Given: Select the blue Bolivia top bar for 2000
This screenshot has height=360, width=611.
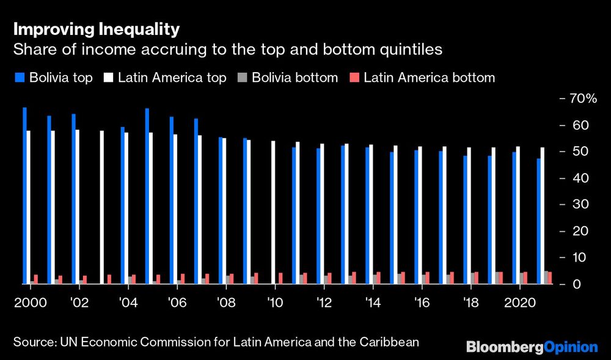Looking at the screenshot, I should [24, 196].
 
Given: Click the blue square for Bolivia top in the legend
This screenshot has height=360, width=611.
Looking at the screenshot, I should [19, 78].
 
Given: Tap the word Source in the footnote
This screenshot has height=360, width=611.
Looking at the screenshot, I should [34, 342].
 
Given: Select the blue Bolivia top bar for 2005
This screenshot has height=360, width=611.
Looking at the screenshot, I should [147, 196].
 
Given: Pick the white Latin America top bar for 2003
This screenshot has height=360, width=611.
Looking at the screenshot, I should [101, 207].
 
